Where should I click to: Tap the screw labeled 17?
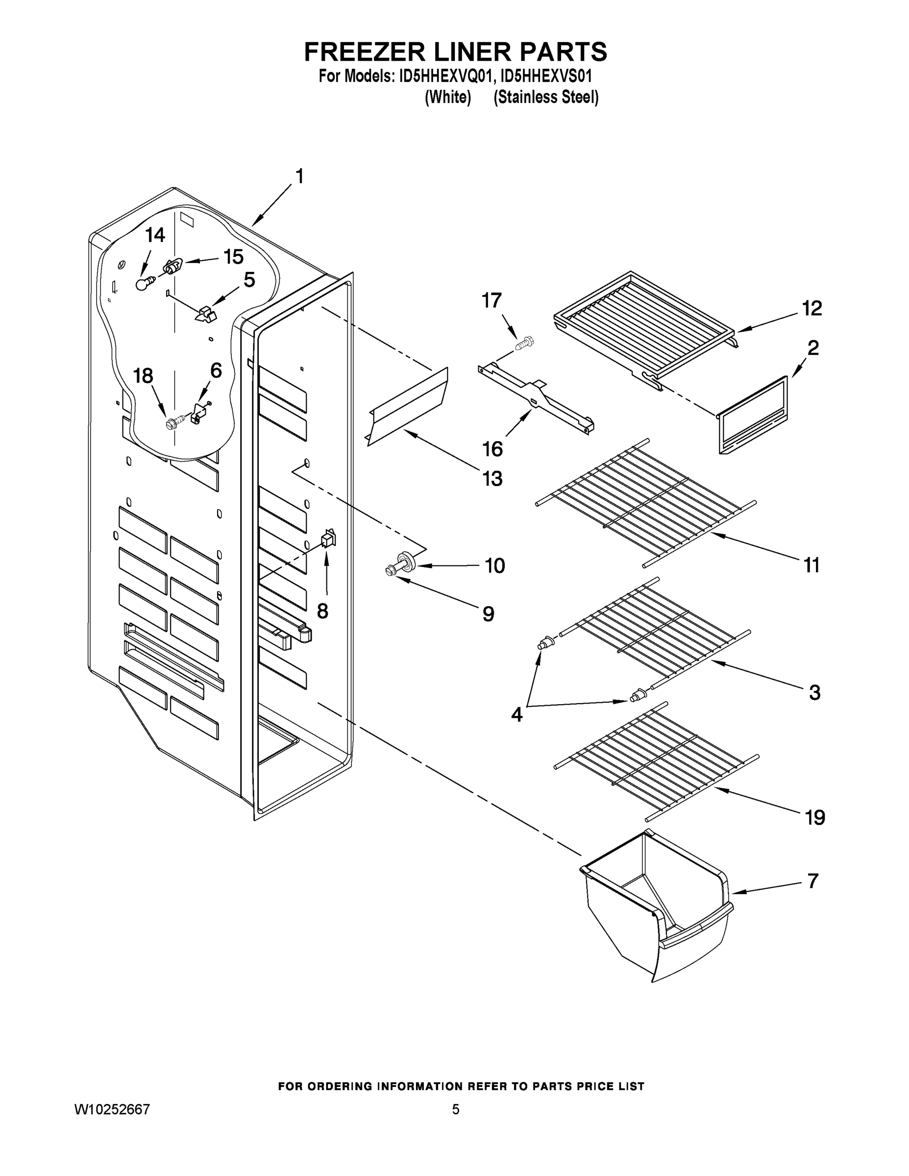tap(524, 343)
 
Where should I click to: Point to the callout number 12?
tap(811, 309)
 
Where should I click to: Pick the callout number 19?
tap(815, 818)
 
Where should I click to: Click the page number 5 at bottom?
tap(456, 1109)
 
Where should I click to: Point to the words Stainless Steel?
tap(545, 98)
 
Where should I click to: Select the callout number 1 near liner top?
tap(299, 176)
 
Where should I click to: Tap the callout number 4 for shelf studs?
tap(516, 715)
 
